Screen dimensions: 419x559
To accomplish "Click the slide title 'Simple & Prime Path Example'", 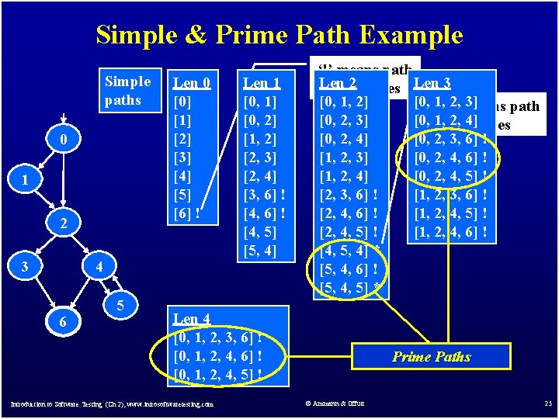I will coord(279,35).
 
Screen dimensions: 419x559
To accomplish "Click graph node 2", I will coord(65,224).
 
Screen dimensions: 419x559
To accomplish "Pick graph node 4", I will coord(99,267).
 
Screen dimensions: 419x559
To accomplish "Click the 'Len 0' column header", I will coord(191,82).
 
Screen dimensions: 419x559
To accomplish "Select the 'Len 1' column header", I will coord(262,82).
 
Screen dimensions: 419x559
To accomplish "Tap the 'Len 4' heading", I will coord(191,318).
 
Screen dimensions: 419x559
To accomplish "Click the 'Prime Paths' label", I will coord(431,357).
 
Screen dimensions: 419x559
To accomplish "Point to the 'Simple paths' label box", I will coord(127,90).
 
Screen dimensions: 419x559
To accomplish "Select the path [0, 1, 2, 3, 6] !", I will coord(218,338).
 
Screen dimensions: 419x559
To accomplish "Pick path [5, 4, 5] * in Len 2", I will coord(350,289).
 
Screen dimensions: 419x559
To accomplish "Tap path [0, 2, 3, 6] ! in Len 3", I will coord(451,139).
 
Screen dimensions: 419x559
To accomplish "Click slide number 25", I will coord(547,403).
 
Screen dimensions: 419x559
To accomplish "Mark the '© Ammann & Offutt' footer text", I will coord(335,403).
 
